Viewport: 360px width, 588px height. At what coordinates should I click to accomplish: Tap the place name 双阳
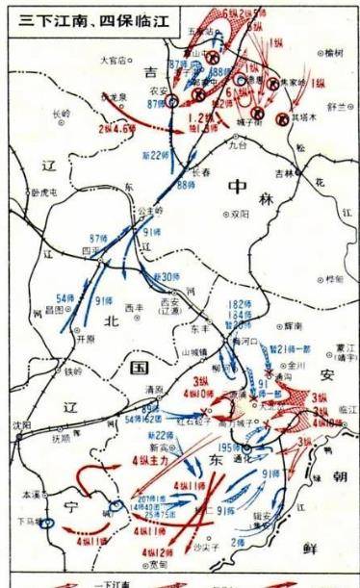click(235, 214)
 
